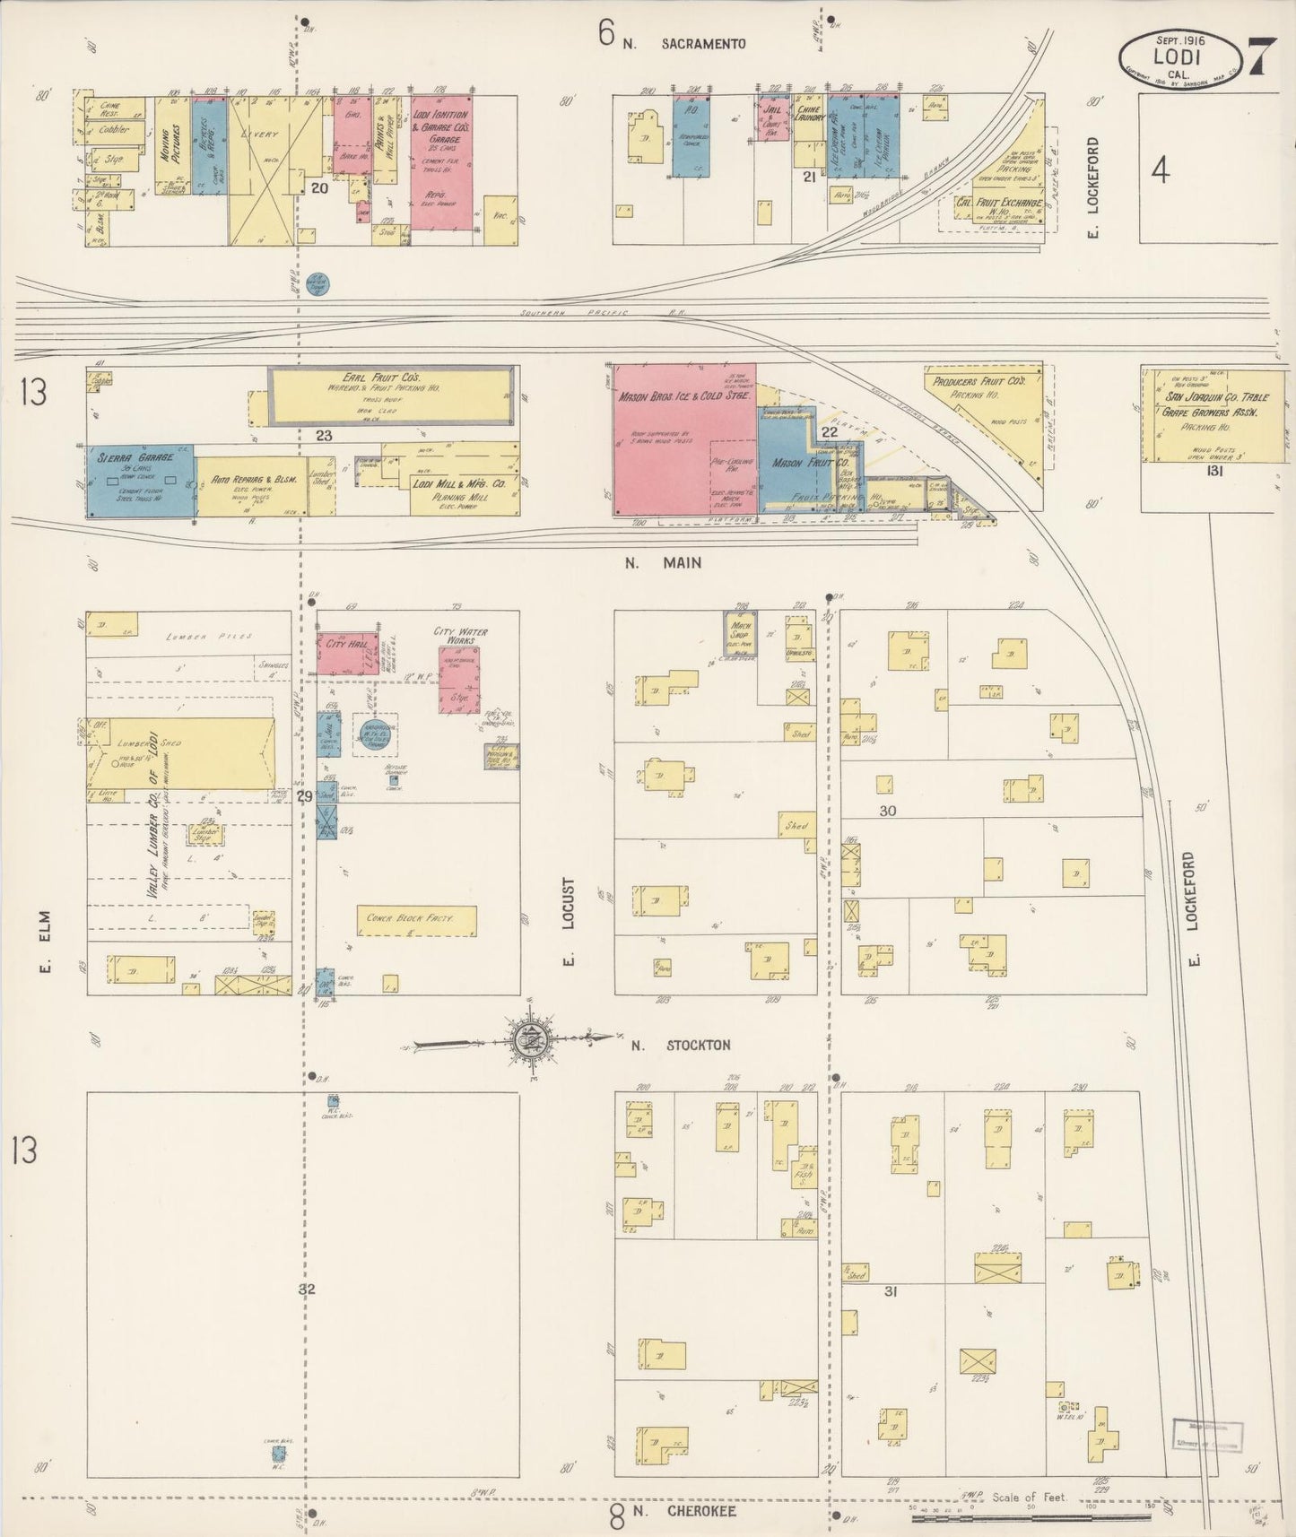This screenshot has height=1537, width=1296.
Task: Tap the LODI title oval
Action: click(x=1179, y=57)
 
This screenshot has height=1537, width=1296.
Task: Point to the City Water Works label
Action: click(x=461, y=637)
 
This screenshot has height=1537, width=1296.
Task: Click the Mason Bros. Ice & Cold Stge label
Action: click(x=683, y=395)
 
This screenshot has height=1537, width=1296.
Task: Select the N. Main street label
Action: click(x=664, y=563)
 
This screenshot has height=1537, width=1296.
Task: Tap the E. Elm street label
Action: click(x=47, y=942)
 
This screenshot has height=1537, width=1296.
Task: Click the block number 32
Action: click(x=308, y=1289)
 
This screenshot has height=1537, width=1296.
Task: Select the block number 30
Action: click(x=887, y=811)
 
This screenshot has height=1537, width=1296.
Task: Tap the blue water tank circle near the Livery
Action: click(x=317, y=284)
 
